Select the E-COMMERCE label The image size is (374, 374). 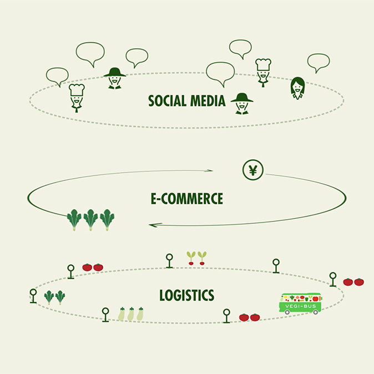(186, 199)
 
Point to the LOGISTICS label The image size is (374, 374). (186, 295)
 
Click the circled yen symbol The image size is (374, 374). (253, 170)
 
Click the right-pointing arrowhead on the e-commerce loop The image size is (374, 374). (210, 170)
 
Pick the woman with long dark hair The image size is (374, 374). (297, 88)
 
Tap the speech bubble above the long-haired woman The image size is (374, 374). (318, 62)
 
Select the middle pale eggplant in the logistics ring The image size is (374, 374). (131, 314)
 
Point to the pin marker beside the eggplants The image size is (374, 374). (105, 314)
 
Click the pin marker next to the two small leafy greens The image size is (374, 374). (33, 295)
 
